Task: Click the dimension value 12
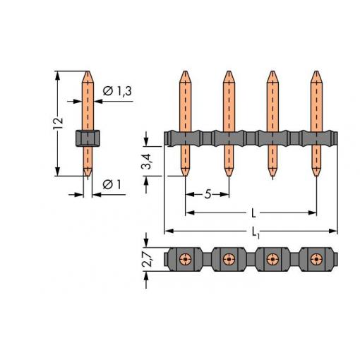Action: click(x=58, y=123)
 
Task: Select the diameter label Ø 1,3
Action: click(x=117, y=91)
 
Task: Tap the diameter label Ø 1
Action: click(x=112, y=184)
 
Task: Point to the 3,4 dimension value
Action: click(x=147, y=162)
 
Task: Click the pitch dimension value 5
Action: click(x=208, y=194)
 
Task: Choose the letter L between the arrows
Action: click(x=253, y=213)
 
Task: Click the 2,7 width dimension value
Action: click(x=147, y=259)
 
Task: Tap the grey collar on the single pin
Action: click(x=88, y=138)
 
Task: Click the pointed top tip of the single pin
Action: click(x=88, y=71)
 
